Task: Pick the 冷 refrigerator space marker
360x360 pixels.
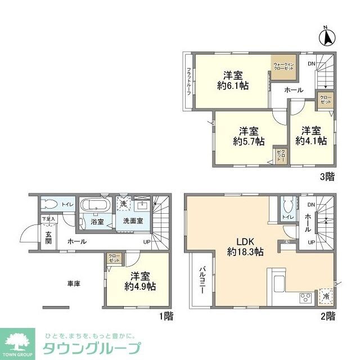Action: [x=326, y=296]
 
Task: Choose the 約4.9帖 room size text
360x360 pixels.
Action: [x=140, y=286]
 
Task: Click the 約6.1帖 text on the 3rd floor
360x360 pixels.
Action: [x=233, y=85]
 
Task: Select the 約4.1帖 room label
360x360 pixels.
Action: [x=310, y=142]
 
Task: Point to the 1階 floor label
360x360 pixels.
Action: [x=165, y=317]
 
